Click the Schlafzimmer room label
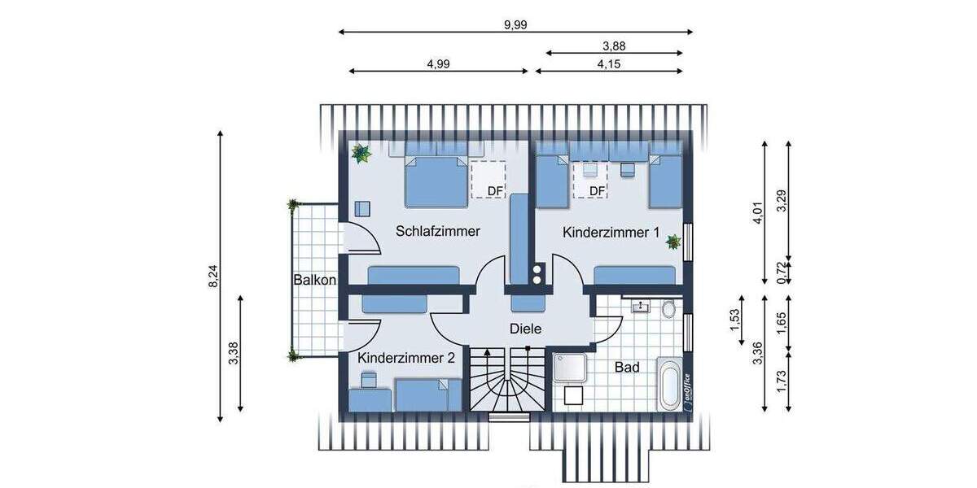click(438, 231)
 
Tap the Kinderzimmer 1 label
click(611, 233)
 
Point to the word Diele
click(526, 329)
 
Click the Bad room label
click(627, 368)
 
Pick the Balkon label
click(315, 280)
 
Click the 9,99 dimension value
click(515, 24)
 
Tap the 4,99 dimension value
click(440, 63)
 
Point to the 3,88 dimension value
click(614, 46)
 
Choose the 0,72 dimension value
click(782, 269)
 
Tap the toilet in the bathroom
click(669, 309)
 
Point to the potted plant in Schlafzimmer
click(361, 153)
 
